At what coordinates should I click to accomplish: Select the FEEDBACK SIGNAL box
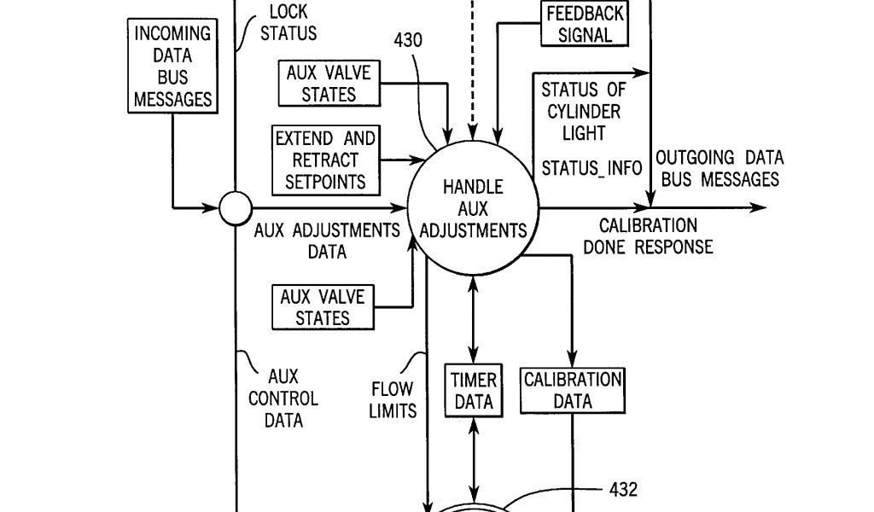pyautogui.click(x=586, y=24)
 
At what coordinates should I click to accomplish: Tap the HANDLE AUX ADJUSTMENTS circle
pyautogui.click(x=473, y=208)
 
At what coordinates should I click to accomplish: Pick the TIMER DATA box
pyautogui.click(x=473, y=390)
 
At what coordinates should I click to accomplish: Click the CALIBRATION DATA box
pyautogui.click(x=573, y=390)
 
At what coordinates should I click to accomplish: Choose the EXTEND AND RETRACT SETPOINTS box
pyautogui.click(x=325, y=160)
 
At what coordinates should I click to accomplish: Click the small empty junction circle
pyautogui.click(x=235, y=207)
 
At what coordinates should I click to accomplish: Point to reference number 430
pyautogui.click(x=408, y=40)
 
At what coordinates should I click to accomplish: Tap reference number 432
pyautogui.click(x=622, y=490)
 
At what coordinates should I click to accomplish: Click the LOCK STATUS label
pyautogui.click(x=288, y=23)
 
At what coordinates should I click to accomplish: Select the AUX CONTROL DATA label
pyautogui.click(x=283, y=398)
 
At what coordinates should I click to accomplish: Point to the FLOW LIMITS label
pyautogui.click(x=393, y=399)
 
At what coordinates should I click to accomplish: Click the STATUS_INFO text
pyautogui.click(x=591, y=167)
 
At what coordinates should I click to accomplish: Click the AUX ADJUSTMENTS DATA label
pyautogui.click(x=327, y=241)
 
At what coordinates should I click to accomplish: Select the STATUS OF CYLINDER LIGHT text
pyautogui.click(x=582, y=111)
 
